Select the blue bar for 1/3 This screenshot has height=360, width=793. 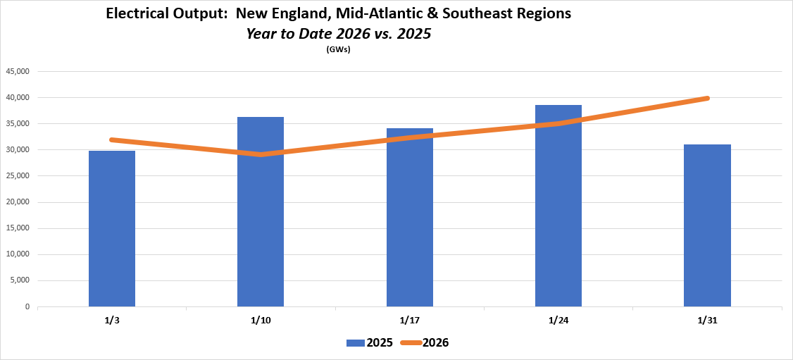click(x=112, y=229)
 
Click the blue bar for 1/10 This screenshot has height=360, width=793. click(x=261, y=211)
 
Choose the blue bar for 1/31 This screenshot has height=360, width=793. click(x=707, y=225)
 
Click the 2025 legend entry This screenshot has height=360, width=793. click(x=370, y=343)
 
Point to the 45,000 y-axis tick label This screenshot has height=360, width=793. click(x=18, y=71)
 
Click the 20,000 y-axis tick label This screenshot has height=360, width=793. click(x=18, y=202)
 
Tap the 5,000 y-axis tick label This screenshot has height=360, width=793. click(x=20, y=280)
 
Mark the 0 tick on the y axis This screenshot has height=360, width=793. click(x=27, y=306)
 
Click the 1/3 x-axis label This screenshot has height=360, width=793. click(x=112, y=320)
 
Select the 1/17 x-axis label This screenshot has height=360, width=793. click(x=409, y=320)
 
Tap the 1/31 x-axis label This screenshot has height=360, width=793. click(x=707, y=320)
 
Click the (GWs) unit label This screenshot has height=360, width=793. click(x=339, y=49)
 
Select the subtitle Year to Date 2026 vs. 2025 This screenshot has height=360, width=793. click(x=338, y=33)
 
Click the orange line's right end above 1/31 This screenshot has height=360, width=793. click(x=706, y=98)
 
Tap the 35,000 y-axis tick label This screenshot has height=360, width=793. click(x=18, y=123)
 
